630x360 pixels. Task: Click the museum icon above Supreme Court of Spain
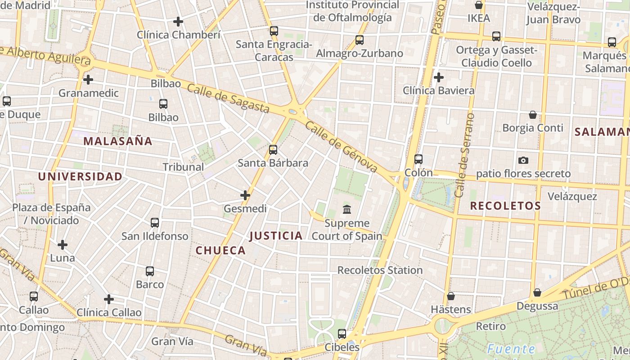click(347, 210)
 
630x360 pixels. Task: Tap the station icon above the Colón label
click(418, 159)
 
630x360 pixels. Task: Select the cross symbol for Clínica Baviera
click(439, 77)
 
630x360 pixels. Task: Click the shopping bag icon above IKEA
click(479, 5)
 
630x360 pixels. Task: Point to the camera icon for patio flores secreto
click(523, 160)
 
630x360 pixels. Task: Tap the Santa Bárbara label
click(273, 163)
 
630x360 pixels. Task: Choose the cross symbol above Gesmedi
click(245, 195)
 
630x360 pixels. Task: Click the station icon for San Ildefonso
click(155, 223)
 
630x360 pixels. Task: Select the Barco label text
click(150, 284)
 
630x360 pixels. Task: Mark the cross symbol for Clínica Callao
click(109, 299)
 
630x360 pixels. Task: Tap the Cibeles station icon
click(342, 334)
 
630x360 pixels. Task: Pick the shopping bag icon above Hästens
click(450, 296)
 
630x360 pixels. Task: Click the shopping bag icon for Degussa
click(537, 292)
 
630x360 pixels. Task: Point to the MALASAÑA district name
click(118, 141)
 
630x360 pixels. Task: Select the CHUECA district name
click(221, 251)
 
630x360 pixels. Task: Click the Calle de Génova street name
click(341, 147)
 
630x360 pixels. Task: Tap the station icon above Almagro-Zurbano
click(360, 40)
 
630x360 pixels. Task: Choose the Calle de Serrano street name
click(465, 155)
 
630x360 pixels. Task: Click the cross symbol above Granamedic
click(88, 80)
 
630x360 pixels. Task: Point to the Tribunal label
click(183, 167)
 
